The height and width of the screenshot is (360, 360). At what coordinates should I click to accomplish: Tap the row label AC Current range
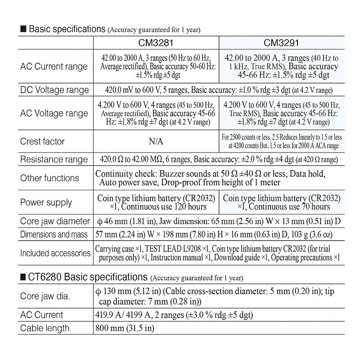54,67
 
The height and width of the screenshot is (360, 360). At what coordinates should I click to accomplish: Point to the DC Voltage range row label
54,90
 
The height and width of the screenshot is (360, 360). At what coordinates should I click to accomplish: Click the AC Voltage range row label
54,113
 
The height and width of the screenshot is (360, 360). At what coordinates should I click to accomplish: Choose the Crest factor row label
42,141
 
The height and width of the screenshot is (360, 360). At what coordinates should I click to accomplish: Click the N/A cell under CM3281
156,142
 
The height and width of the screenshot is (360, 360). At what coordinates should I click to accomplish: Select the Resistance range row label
54,160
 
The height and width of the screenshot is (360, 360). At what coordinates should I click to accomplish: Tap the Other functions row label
49,178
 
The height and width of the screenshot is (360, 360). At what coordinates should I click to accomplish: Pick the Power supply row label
46,202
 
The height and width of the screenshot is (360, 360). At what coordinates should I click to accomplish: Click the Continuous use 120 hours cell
156,202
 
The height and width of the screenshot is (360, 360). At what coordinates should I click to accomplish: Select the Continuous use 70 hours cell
282,202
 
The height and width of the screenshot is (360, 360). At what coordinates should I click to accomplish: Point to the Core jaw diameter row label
55,221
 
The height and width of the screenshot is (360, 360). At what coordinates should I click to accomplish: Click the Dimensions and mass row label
54,234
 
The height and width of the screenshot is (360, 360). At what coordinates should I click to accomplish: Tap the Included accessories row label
55,253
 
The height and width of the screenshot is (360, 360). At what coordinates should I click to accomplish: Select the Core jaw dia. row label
45,296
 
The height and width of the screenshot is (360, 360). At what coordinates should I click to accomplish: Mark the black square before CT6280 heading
23,276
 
